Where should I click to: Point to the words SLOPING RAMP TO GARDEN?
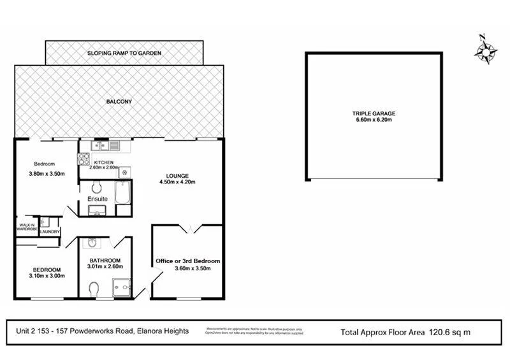coord(124,53)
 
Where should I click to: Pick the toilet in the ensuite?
coord(96,188)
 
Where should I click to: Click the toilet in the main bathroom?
coord(94,290)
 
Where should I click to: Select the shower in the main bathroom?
coord(120,289)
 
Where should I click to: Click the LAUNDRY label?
coord(49,231)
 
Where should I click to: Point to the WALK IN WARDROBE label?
coord(27,226)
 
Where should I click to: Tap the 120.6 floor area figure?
coord(439,331)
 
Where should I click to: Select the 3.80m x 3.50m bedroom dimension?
coord(47,174)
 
